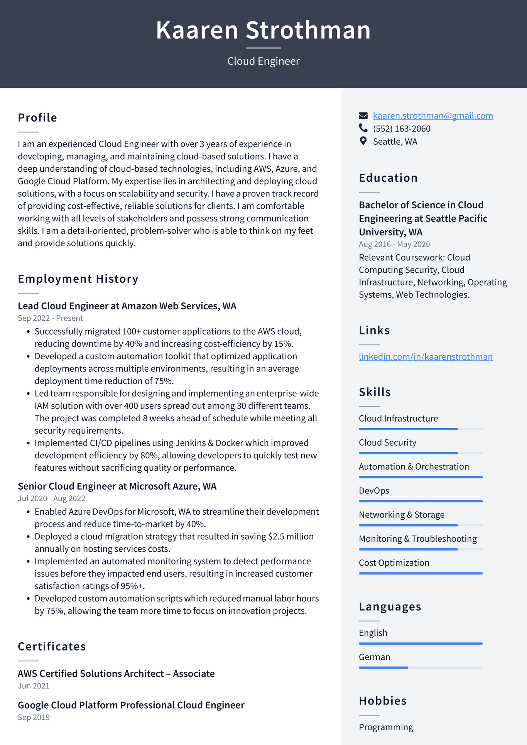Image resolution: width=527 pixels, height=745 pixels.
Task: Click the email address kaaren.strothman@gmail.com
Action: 432,116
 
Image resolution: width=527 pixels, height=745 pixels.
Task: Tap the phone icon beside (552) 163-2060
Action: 363,128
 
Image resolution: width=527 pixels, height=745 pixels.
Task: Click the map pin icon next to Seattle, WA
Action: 363,141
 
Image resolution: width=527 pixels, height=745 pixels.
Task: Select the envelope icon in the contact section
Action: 363,116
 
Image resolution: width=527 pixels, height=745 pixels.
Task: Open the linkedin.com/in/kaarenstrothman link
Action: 426,356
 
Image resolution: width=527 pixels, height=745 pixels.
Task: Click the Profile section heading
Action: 37,118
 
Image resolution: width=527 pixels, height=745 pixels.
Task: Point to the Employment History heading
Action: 78,279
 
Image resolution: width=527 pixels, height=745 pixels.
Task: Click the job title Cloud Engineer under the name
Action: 263,61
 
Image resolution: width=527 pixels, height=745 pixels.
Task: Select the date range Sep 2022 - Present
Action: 50,318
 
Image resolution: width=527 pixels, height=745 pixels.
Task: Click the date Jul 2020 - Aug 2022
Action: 51,498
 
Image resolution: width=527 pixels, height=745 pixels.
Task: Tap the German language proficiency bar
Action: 421,667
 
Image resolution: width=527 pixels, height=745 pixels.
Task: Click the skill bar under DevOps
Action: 421,501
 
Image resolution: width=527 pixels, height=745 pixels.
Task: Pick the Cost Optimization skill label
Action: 394,563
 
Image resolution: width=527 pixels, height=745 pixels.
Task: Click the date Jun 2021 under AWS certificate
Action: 34,686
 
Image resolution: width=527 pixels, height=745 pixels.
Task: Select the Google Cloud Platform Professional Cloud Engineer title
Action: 131,705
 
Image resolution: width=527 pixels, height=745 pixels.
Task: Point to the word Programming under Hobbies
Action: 386,727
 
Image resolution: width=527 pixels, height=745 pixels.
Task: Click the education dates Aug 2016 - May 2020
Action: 394,244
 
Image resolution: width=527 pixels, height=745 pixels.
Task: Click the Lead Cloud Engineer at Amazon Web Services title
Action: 127,306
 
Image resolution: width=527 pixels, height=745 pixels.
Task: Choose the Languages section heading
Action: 390,607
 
